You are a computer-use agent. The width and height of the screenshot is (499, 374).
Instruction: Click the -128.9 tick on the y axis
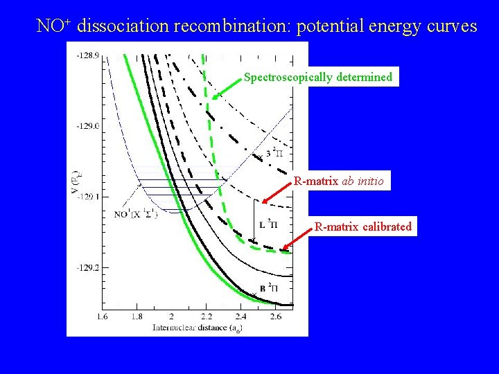(x=88, y=54)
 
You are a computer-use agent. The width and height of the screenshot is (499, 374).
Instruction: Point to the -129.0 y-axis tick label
(x=88, y=125)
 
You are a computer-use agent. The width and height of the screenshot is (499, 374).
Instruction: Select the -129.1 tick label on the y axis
(x=88, y=197)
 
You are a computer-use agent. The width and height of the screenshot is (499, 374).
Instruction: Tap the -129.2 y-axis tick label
(x=88, y=267)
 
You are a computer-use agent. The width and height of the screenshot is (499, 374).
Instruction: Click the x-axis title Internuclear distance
(x=193, y=327)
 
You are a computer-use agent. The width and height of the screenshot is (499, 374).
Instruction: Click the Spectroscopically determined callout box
(x=318, y=78)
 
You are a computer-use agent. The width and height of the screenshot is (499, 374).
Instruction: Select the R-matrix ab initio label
(x=341, y=181)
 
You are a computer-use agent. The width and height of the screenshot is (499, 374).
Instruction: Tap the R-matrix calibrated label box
(x=362, y=226)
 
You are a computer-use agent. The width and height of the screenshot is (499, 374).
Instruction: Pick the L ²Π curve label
(x=268, y=224)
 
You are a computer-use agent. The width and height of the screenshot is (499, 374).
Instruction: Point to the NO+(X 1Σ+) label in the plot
(x=136, y=214)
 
